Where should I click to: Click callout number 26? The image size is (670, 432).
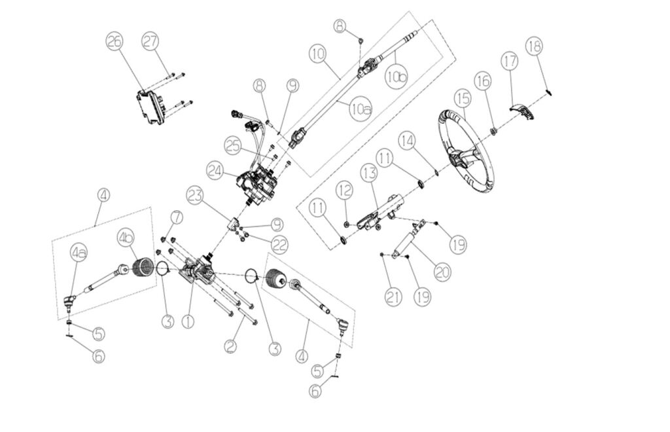(x=114, y=42)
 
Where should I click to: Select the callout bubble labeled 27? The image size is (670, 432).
(x=150, y=42)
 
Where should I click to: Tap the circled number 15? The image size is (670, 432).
(x=463, y=99)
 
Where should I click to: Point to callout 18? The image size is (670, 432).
(x=534, y=46)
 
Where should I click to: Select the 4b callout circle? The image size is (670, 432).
(x=126, y=237)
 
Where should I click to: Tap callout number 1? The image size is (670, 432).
(x=188, y=321)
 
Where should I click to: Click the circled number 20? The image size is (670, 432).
(x=442, y=270)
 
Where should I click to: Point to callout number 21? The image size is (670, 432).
(x=393, y=298)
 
